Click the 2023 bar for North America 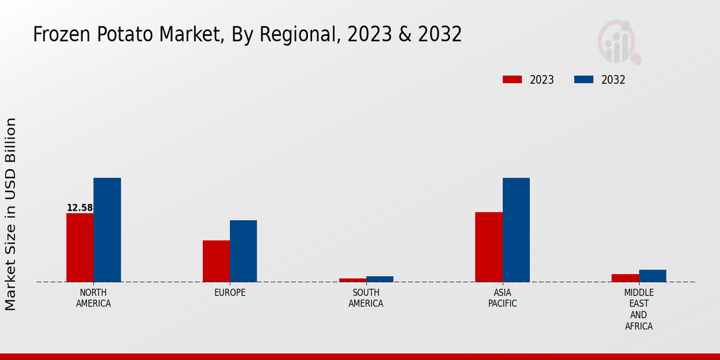pos(80,247)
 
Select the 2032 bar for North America pos(107,230)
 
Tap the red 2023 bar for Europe pos(216,261)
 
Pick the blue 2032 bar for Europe pos(243,251)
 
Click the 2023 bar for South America pos(352,280)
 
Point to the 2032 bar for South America pos(380,279)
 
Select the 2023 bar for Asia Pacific pos(488,247)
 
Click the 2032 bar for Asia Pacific pos(516,230)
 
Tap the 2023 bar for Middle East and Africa pos(625,278)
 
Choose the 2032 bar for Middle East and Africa pos(652,275)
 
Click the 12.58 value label pos(80,208)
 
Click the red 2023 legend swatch pos(512,80)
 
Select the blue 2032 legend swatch pos(584,80)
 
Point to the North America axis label pos(94,298)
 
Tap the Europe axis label pos(230,293)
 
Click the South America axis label pos(366,298)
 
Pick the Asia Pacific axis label pos(502,298)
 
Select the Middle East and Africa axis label pos(638,310)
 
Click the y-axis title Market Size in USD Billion pos(11,214)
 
